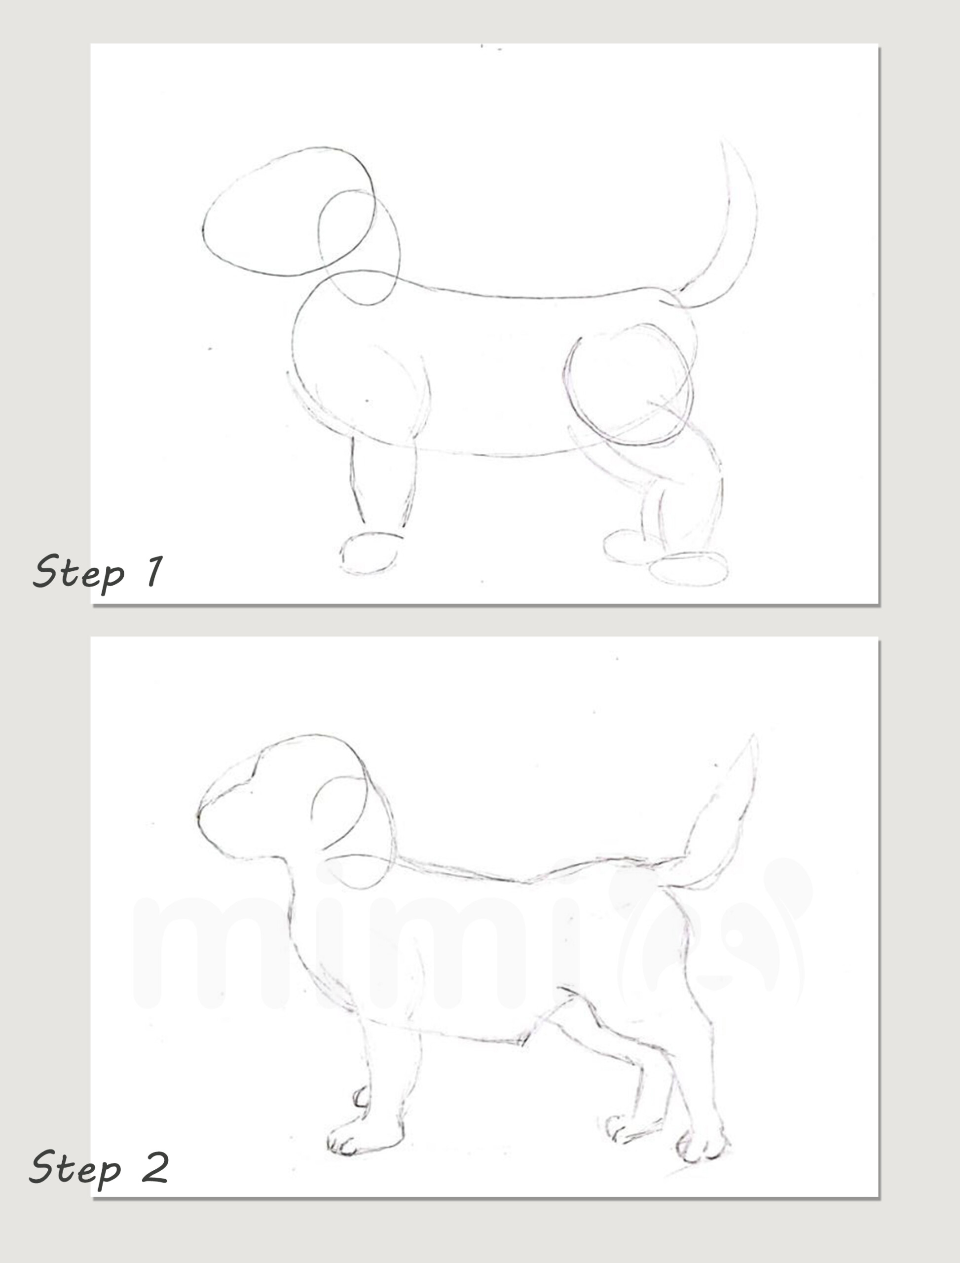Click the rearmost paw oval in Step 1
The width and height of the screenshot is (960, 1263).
coord(689,569)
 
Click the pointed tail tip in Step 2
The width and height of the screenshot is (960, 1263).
coord(753,737)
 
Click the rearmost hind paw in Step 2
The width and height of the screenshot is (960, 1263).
coord(702,1146)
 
